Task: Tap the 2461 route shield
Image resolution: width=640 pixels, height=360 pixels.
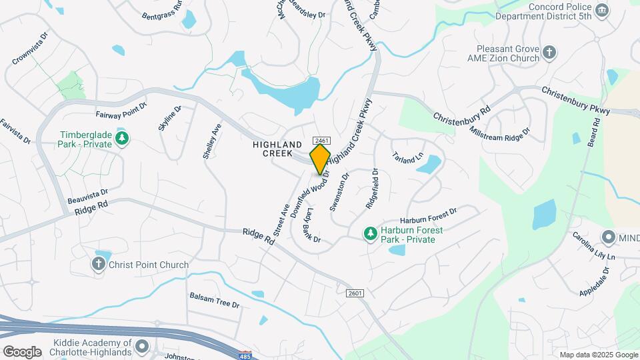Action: click(x=321, y=140)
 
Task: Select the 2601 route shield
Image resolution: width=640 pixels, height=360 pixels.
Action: click(x=355, y=293)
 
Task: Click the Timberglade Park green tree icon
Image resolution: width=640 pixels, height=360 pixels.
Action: click(x=121, y=139)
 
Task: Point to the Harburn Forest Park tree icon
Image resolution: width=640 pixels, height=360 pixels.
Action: click(x=370, y=233)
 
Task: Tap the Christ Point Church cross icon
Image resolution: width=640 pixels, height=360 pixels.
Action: click(x=98, y=265)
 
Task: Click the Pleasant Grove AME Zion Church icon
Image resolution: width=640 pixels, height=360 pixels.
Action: click(x=549, y=53)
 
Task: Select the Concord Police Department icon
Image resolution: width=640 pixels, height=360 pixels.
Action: click(x=602, y=9)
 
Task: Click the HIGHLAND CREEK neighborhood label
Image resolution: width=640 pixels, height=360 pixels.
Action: click(x=273, y=149)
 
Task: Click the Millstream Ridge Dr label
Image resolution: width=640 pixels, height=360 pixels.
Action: click(x=509, y=130)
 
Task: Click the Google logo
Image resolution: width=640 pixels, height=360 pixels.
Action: click(x=22, y=351)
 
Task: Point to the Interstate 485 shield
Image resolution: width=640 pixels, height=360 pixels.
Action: click(x=246, y=355)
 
